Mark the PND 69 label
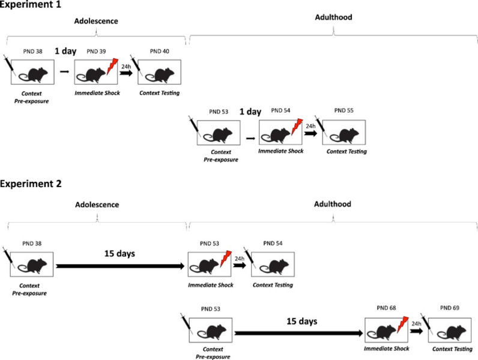(449, 309)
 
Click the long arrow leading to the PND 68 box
(299, 332)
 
